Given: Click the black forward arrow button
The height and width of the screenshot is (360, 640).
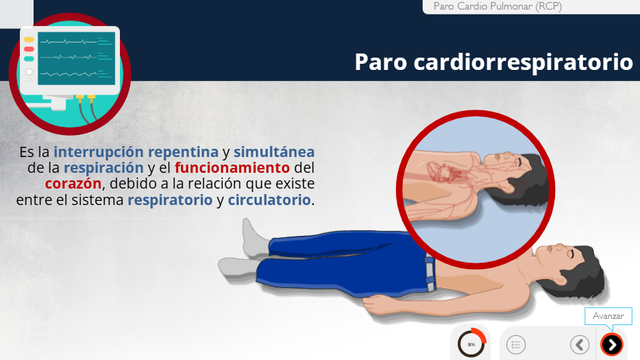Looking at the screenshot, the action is [x=611, y=344].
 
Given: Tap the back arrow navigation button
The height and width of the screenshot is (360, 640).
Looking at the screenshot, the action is [x=580, y=344].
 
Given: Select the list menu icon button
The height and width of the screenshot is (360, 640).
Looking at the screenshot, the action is [x=516, y=344].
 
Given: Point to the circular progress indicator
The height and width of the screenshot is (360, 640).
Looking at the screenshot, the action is [x=471, y=344].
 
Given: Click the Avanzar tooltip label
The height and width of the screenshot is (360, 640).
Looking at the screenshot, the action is [x=608, y=316].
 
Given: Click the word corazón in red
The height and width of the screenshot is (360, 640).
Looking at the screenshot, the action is [x=73, y=184].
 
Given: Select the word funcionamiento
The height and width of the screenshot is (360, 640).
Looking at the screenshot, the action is [x=232, y=167].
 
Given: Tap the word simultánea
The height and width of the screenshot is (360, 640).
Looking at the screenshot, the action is [x=274, y=152].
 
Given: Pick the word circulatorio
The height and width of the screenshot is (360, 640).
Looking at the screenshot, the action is [x=269, y=200].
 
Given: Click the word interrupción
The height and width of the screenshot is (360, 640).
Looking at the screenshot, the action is [x=99, y=152].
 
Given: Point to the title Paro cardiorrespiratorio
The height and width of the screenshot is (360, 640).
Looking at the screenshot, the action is [x=493, y=62].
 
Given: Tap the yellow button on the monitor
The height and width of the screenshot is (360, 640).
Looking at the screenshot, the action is [x=29, y=40].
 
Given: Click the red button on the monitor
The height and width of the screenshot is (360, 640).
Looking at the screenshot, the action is [x=29, y=49].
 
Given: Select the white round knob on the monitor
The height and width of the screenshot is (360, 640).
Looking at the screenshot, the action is [x=29, y=72].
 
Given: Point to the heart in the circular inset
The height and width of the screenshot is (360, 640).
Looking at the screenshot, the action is [x=441, y=172].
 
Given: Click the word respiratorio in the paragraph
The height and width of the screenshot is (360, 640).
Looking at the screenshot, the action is [x=170, y=200].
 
